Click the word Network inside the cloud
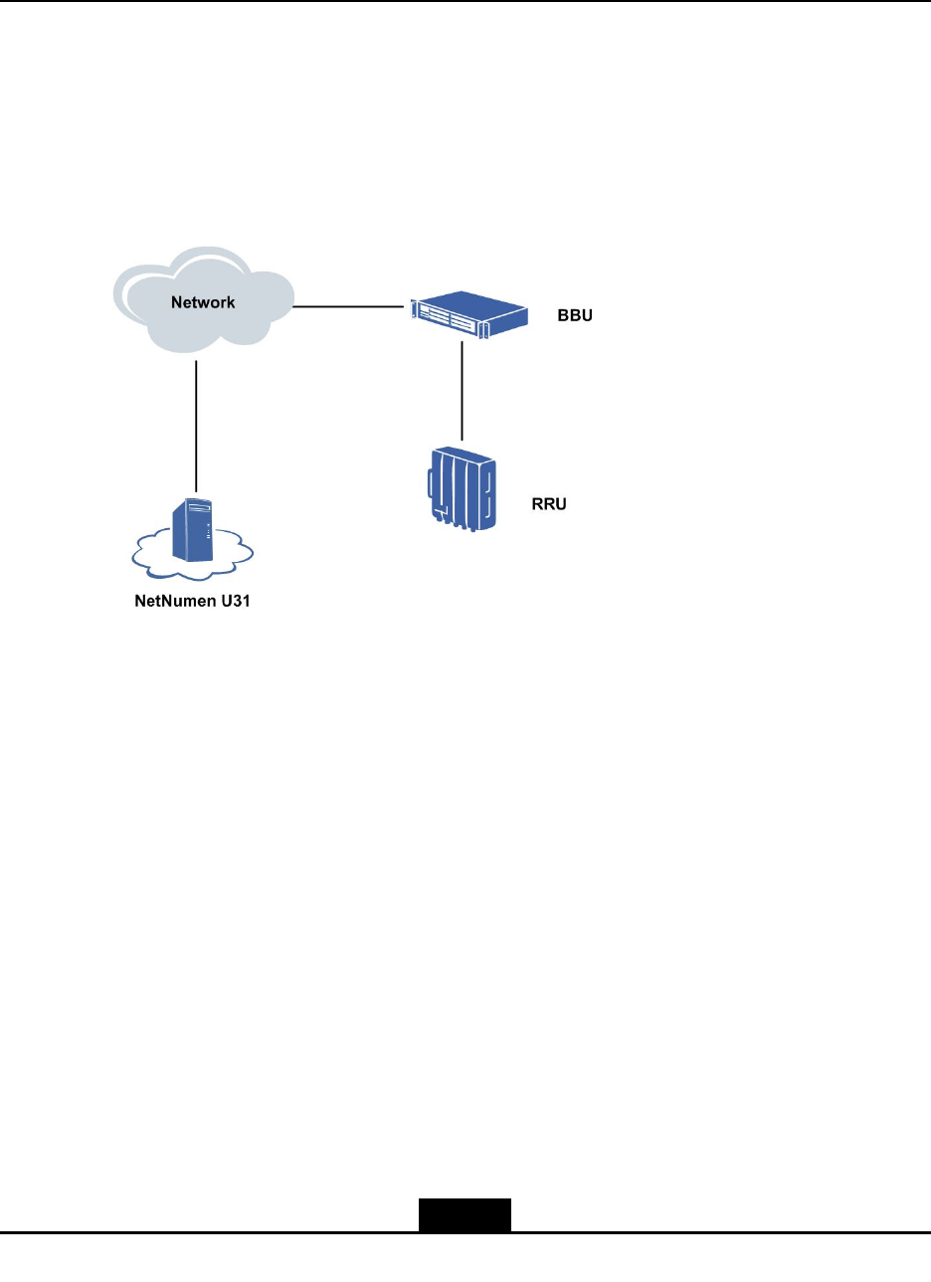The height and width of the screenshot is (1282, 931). pos(203,302)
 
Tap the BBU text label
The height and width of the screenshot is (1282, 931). pos(575,316)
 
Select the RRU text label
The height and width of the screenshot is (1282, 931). pos(548,504)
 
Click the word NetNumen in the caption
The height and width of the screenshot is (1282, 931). pos(170,602)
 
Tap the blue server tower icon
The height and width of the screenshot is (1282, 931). pos(193,529)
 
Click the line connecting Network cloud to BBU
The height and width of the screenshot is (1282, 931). pos(349,306)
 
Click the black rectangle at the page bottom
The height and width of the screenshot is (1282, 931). pos(464,1215)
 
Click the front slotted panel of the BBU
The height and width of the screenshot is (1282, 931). pos(447,319)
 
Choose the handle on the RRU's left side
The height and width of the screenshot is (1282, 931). pos(430,485)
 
